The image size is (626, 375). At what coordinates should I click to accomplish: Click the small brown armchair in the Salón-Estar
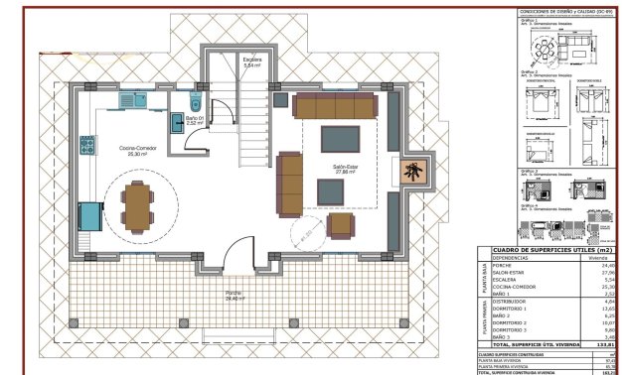[x=341, y=226]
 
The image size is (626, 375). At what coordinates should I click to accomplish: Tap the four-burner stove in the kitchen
[x=86, y=145]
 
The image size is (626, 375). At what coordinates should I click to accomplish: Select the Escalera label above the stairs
[x=252, y=61]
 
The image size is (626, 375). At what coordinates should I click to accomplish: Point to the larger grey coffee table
[x=341, y=139]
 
